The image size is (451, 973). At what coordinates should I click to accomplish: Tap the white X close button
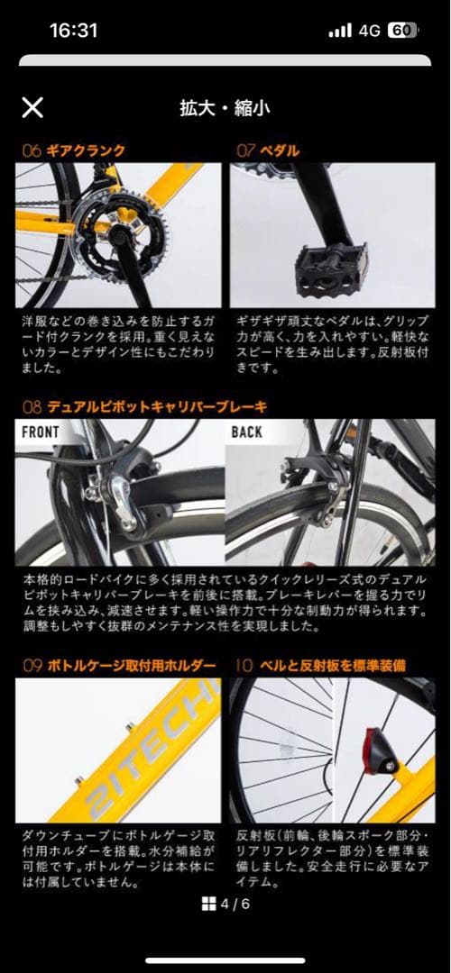tap(32, 108)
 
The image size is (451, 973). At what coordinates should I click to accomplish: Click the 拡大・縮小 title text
tap(225, 109)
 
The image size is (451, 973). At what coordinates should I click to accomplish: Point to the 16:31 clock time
tap(73, 31)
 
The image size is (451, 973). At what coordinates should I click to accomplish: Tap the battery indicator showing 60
tap(401, 31)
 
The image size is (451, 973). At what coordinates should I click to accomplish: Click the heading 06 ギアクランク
tap(74, 150)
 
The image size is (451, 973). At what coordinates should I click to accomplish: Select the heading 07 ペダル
tap(268, 150)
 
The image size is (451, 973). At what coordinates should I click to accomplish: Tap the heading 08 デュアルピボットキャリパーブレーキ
tap(144, 407)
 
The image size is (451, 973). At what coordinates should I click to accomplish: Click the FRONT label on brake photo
tap(41, 432)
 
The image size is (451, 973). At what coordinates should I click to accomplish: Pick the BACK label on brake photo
tap(246, 432)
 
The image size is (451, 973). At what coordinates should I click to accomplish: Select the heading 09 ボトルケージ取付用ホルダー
tap(119, 666)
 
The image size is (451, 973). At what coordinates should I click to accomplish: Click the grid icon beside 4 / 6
tap(208, 904)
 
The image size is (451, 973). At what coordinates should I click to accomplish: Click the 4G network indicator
tap(369, 31)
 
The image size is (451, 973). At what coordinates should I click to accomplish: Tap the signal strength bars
tap(340, 31)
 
